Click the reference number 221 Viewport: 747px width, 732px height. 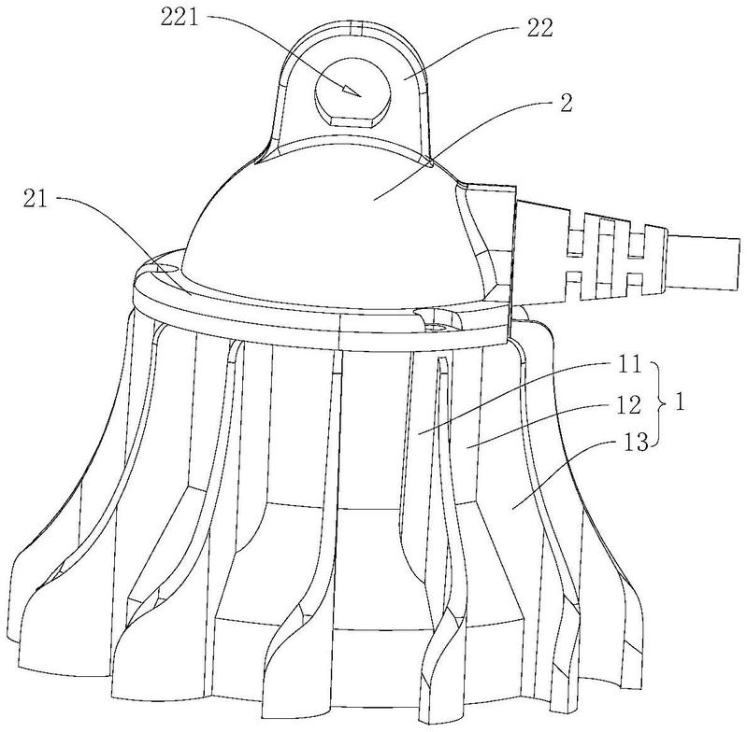[180, 19]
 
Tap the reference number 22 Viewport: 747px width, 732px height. [539, 29]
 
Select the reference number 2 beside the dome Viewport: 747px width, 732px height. [566, 103]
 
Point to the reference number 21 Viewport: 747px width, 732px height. [36, 199]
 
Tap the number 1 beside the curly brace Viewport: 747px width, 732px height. [681, 403]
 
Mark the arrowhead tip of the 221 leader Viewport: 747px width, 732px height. [361, 95]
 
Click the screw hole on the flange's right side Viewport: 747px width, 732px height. [435, 327]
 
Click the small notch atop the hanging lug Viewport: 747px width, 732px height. [356, 28]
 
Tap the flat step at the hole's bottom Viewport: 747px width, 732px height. [353, 122]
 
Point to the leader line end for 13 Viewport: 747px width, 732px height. [512, 509]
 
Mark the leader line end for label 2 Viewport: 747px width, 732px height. [373, 200]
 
